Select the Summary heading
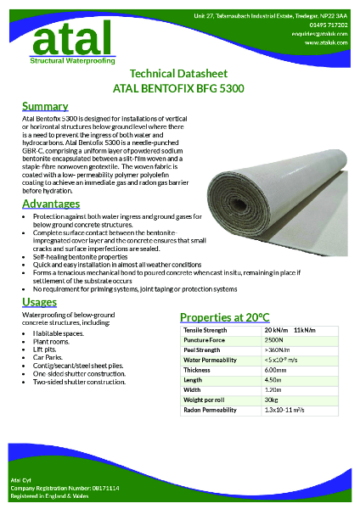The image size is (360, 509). (44, 106)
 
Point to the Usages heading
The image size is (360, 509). (40, 303)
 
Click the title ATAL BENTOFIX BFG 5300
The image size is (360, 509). (178, 87)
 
